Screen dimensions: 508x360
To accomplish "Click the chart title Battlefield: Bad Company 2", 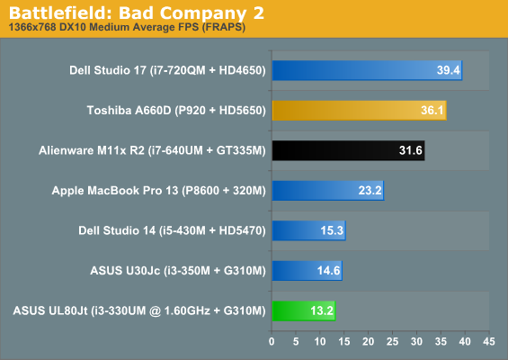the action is (137, 13).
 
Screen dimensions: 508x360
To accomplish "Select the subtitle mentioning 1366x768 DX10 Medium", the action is (127, 27).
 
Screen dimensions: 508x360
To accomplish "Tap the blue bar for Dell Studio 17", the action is (367, 70).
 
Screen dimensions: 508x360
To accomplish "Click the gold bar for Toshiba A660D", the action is (360, 111).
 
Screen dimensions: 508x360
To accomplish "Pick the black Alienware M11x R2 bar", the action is (348, 150).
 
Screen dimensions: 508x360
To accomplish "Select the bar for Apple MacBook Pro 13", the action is (328, 191).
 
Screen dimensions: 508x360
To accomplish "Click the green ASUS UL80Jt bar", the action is (304, 310).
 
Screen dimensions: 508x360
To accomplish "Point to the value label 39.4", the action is (449, 70).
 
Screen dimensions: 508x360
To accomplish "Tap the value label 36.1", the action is (432, 111).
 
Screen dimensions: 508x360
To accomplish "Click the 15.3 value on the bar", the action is (332, 230).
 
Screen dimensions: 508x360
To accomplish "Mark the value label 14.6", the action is (328, 271).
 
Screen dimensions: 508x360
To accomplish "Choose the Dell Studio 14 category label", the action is (172, 230).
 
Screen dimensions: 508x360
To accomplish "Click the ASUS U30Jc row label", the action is (178, 271).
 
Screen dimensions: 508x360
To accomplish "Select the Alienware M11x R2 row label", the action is (152, 150).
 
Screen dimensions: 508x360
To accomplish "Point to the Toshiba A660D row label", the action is (176, 111).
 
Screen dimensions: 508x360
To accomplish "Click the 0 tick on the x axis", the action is (272, 341).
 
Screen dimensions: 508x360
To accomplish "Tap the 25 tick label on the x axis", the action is (392, 341).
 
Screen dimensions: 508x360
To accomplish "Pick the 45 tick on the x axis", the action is (489, 341).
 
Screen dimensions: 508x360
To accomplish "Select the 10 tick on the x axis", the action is (320, 341).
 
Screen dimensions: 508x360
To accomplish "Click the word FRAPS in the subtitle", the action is (223, 27).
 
